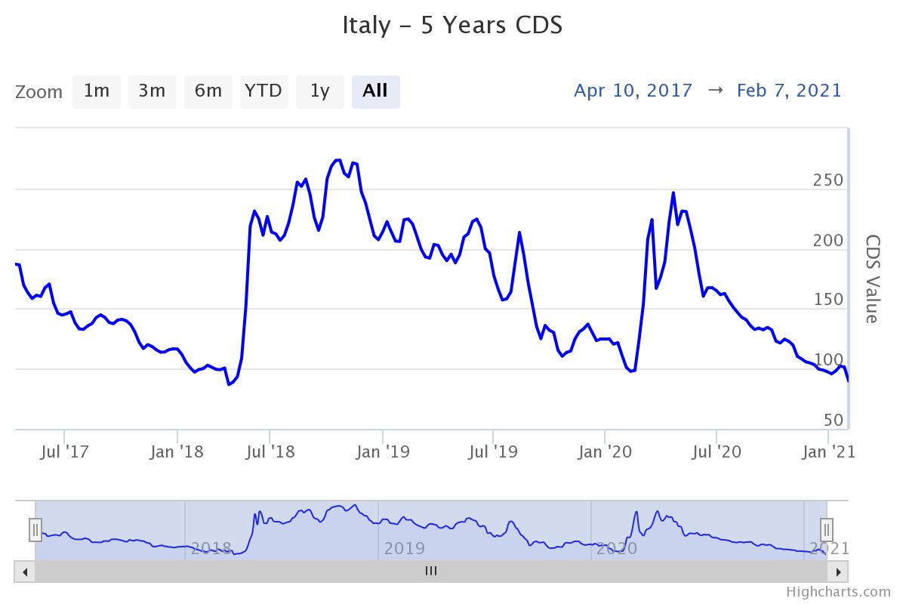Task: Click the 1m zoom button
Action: [x=97, y=91]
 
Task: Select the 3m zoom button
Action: [x=152, y=91]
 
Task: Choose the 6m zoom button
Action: [x=208, y=91]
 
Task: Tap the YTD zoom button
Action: [x=263, y=91]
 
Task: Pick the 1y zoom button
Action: [x=319, y=91]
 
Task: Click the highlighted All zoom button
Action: [x=375, y=91]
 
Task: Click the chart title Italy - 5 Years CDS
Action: [x=452, y=25]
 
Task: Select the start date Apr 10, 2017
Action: [x=633, y=91]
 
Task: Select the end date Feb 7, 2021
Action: [x=789, y=91]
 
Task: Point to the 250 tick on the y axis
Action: [x=828, y=180]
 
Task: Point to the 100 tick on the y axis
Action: [x=828, y=360]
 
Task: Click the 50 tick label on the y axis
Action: [x=833, y=420]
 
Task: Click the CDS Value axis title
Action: [x=871, y=279]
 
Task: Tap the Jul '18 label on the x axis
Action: [x=270, y=452]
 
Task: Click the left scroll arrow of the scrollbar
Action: [x=25, y=572]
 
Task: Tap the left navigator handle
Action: [x=35, y=530]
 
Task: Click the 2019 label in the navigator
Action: [x=405, y=548]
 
